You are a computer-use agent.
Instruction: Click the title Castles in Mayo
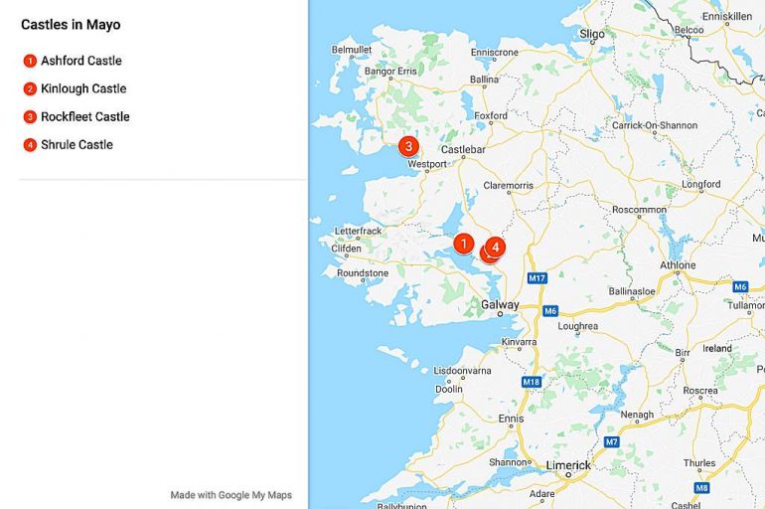71,25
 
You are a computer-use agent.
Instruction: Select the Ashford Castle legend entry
81,62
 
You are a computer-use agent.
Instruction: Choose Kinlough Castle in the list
83,89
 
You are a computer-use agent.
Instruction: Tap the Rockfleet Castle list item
85,117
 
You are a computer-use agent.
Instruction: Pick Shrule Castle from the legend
76,145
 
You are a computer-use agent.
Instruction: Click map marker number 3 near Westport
407,146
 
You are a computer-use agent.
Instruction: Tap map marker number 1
463,243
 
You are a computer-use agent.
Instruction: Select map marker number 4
496,246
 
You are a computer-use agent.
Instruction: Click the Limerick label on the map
567,465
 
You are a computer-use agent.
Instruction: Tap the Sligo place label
592,34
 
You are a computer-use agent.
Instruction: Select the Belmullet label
351,49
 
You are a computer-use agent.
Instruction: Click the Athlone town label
679,265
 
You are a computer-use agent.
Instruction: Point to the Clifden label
347,249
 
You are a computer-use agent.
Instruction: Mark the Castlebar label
462,150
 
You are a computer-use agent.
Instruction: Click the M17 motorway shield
537,278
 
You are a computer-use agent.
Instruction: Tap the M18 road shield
532,382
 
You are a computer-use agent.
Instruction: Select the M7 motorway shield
612,441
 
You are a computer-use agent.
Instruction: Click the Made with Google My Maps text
230,495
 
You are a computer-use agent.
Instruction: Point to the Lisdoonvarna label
463,371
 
